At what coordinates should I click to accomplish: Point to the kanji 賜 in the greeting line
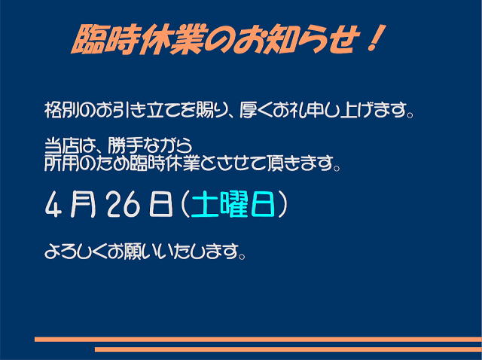pyautogui.click(x=206, y=110)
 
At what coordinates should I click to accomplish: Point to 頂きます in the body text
pyautogui.click(x=300, y=163)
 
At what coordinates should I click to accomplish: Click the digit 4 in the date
pyautogui.click(x=53, y=205)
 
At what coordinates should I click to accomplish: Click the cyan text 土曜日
pyautogui.click(x=233, y=204)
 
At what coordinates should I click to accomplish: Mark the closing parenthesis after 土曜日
pyautogui.click(x=282, y=205)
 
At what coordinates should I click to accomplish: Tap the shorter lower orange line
pyautogui.click(x=288, y=349)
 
